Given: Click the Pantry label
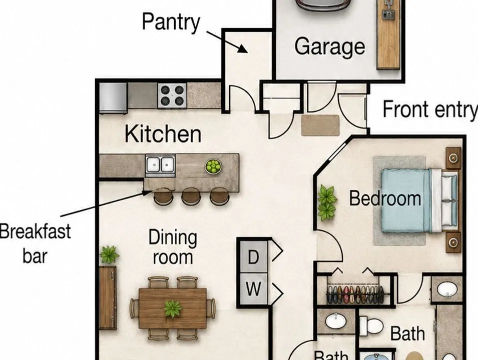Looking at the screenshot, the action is point(171,22).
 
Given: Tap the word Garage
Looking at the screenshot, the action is point(329,46).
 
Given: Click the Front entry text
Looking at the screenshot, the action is point(430,109).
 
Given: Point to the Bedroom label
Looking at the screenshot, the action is point(385,198).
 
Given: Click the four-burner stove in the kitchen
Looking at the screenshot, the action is point(172,95).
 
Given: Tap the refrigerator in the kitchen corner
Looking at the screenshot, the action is point(113,98).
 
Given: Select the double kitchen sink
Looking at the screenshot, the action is point(160,165).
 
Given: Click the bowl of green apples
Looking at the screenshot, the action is point(213,166).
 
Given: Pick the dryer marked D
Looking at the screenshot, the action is point(254,256).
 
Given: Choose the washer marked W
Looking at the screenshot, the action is point(254,288).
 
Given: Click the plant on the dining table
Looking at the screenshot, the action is point(173,308).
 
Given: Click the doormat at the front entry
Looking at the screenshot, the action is point(320,125).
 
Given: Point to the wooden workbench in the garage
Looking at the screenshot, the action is point(388,34).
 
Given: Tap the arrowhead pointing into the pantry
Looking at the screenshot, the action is point(244,49).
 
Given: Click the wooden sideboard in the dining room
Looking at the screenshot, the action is point(108,297).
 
